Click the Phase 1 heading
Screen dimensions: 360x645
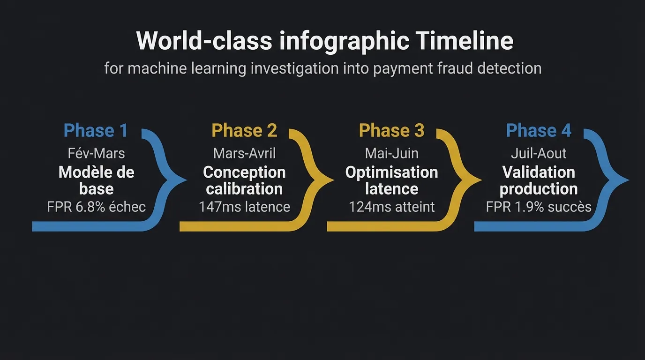click(x=96, y=131)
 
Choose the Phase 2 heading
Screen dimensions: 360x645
click(x=244, y=131)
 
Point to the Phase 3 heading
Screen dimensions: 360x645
click(x=391, y=131)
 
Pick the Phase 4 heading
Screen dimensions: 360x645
click(x=539, y=131)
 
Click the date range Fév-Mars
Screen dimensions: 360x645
click(x=96, y=153)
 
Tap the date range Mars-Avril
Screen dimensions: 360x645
click(x=244, y=153)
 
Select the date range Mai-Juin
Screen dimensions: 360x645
click(x=391, y=153)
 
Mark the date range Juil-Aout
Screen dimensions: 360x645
click(x=539, y=153)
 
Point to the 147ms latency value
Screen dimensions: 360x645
click(x=219, y=207)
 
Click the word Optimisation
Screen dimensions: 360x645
click(x=391, y=172)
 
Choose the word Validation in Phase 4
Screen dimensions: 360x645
click(x=539, y=172)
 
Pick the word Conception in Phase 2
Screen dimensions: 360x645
click(x=244, y=172)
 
